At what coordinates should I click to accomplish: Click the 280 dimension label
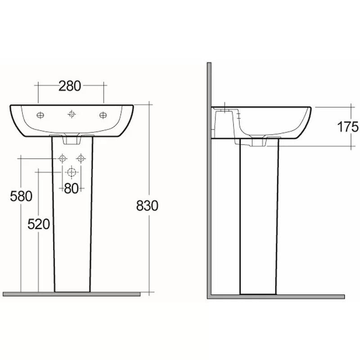click(x=70, y=86)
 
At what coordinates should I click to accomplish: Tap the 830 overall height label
click(x=147, y=206)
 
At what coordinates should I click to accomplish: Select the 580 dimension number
click(x=21, y=196)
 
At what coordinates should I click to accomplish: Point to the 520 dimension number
click(x=39, y=224)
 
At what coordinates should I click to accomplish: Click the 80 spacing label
click(x=71, y=189)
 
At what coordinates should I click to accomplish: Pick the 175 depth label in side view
click(x=347, y=127)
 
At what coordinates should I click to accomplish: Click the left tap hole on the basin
click(x=40, y=115)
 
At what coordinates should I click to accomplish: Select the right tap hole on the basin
click(x=103, y=115)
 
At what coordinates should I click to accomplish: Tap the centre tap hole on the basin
click(x=72, y=114)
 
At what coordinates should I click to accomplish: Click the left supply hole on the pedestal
click(x=62, y=158)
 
